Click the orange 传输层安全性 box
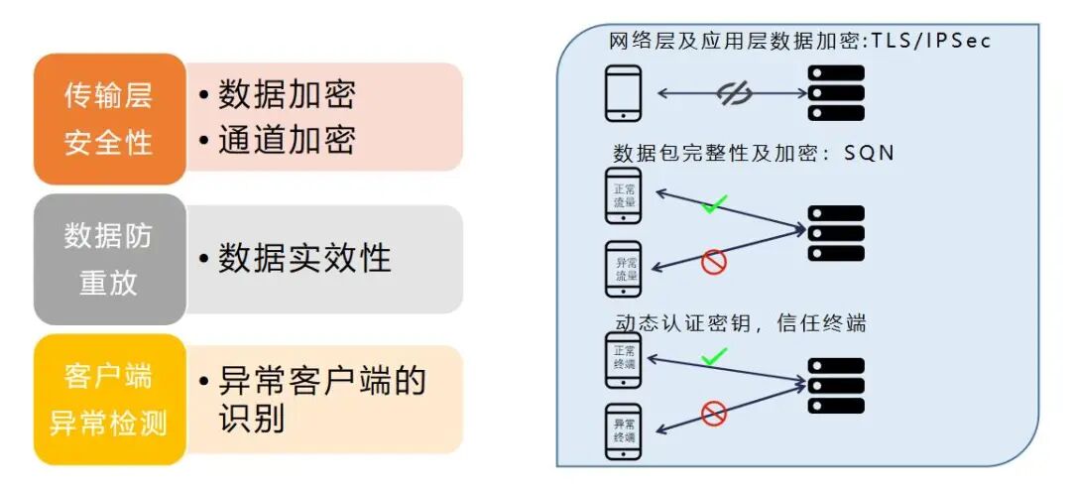click(x=109, y=119)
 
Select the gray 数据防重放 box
click(x=109, y=259)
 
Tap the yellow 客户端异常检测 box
click(x=109, y=400)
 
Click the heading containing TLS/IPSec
click(x=799, y=42)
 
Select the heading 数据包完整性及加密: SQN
click(x=754, y=154)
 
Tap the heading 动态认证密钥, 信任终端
click(x=739, y=323)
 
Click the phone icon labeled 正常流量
click(x=624, y=196)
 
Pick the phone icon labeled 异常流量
click(x=624, y=269)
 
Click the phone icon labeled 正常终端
click(x=624, y=359)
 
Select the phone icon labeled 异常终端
click(x=624, y=430)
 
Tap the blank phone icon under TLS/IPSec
click(x=624, y=93)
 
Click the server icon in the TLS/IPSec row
click(x=836, y=93)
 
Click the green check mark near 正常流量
click(x=714, y=206)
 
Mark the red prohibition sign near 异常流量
click(x=714, y=262)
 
